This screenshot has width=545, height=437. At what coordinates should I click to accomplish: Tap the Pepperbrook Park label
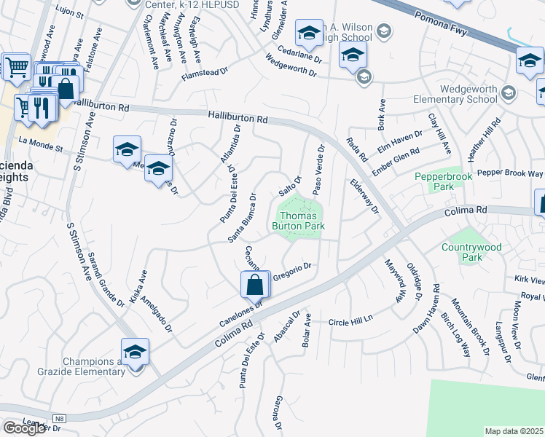[443, 181]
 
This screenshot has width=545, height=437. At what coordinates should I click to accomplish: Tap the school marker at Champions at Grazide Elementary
[135, 353]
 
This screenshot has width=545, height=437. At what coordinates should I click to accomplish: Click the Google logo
[24, 428]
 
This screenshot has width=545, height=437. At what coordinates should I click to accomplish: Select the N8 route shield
[59, 418]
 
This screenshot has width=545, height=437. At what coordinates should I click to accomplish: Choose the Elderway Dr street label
[365, 197]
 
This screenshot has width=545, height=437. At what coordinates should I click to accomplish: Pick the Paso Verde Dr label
[318, 169]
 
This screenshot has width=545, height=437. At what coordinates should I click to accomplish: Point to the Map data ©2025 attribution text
[514, 431]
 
